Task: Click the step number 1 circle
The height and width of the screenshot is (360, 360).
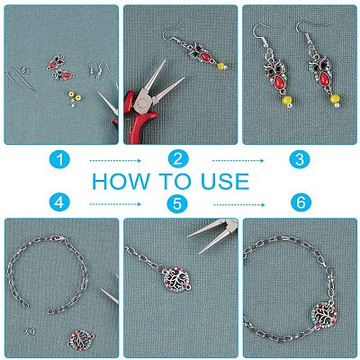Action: [59, 159]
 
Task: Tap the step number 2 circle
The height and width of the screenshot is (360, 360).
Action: [178, 159]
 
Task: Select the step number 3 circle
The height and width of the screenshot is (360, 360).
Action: [300, 159]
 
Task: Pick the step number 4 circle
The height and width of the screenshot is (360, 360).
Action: [59, 202]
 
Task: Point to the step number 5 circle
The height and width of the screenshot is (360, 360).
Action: [178, 202]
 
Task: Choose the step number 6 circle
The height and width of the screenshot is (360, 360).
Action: [301, 202]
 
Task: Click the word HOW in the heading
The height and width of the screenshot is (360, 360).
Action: [121, 182]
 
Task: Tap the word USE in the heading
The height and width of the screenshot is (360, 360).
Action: [225, 182]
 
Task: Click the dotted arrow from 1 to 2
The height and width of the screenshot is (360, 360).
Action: [115, 161]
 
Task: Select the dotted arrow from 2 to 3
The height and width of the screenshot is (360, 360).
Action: [238, 161]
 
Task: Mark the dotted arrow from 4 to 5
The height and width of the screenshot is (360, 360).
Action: [115, 204]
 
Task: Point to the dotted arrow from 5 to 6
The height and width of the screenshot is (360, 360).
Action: [239, 205]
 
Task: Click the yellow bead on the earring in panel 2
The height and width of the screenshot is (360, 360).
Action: [220, 65]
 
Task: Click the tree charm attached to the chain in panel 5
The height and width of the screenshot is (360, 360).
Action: [176, 280]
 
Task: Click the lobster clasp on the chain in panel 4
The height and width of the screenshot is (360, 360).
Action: [59, 238]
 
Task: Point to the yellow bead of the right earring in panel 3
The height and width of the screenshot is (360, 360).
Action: [335, 98]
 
